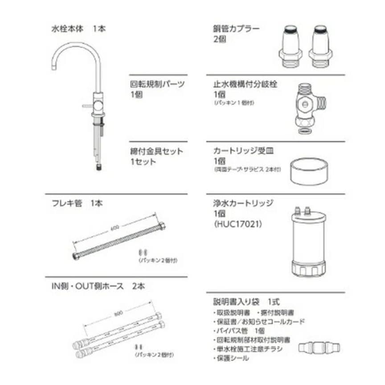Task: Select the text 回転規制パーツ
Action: (x=157, y=84)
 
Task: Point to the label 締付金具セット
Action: (x=156, y=151)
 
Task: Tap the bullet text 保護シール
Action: (x=232, y=358)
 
